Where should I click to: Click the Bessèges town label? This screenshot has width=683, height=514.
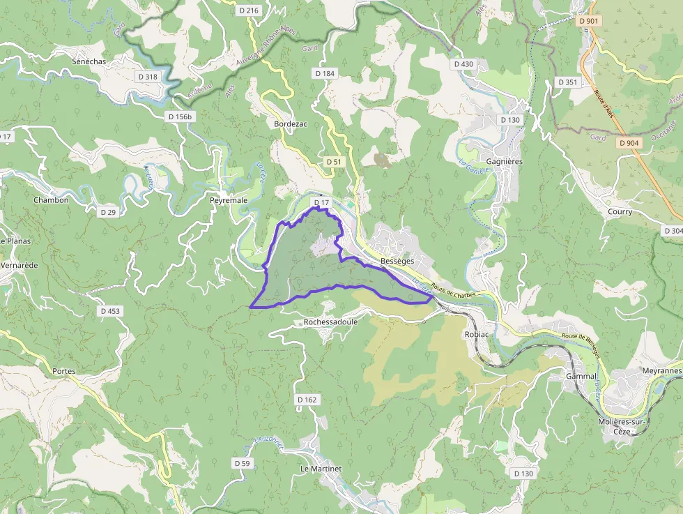coord(397,261)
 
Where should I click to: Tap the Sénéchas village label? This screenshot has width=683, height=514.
coord(89,61)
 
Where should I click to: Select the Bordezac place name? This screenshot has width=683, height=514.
coord(291,123)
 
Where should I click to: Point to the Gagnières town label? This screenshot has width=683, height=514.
coord(504,161)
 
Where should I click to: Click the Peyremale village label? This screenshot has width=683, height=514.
coord(229,200)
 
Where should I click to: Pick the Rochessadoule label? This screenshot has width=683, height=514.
coord(330,322)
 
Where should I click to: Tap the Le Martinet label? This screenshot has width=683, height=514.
coord(321,469)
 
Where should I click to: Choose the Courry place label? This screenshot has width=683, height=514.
coord(620,211)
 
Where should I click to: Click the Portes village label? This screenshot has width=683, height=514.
coord(63,371)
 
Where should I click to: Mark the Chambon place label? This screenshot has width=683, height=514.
coord(51,200)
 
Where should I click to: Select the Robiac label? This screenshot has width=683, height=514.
coord(477,334)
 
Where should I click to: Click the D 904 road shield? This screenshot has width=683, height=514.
coord(628,143)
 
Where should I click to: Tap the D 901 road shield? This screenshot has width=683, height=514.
coord(589,21)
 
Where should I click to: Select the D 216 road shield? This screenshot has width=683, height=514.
coord(248,10)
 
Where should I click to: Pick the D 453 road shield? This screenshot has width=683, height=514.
coord(109,311)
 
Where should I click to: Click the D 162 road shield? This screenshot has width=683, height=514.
coord(307,400)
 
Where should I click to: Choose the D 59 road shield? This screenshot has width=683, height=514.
coord(242,463)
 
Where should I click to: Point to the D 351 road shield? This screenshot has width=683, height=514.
coord(567,82)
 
